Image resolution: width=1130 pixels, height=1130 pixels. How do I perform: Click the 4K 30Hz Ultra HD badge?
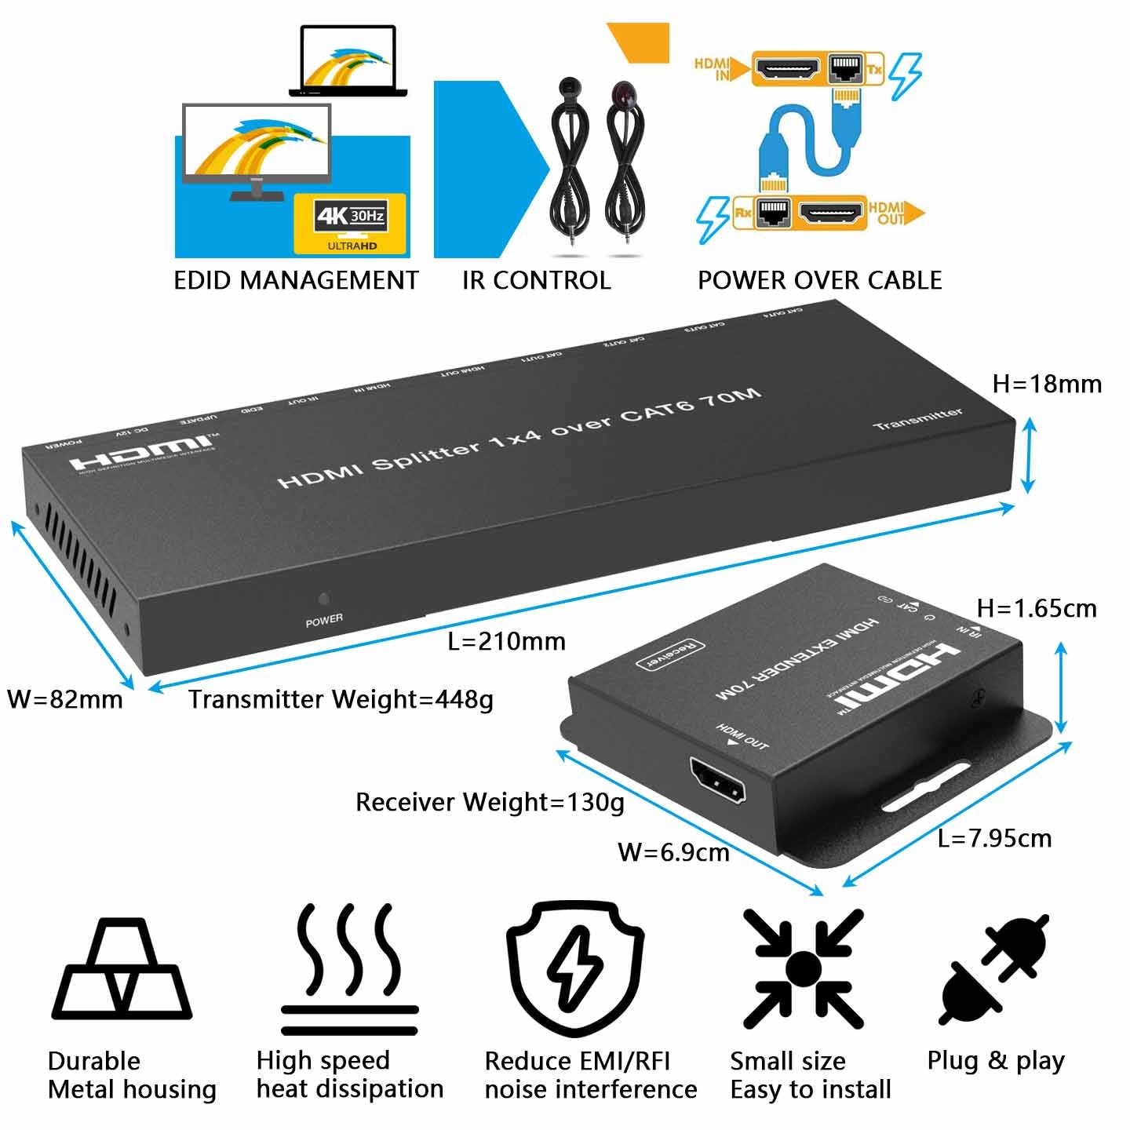(350, 224)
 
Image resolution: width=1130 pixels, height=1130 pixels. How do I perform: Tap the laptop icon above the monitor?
(348, 61)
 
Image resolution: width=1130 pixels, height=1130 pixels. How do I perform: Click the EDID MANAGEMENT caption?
(296, 280)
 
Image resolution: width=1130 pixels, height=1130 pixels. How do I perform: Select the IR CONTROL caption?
(536, 280)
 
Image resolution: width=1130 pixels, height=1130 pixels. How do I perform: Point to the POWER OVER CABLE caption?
(819, 280)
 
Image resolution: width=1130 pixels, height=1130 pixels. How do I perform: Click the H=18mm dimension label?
(1047, 384)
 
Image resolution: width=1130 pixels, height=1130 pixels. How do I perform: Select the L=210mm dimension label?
(506, 641)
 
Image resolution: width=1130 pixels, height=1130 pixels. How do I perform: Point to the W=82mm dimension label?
(65, 699)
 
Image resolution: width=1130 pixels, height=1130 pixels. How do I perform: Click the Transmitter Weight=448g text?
(341, 699)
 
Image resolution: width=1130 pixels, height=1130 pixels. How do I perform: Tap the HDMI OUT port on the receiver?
(717, 780)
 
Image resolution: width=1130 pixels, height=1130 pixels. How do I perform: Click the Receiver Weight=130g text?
(490, 802)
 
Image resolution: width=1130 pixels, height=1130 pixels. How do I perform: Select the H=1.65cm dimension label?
(1036, 608)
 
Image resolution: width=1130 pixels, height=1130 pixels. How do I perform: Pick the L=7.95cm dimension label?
(994, 838)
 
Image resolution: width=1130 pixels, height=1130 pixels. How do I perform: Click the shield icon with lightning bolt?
(575, 967)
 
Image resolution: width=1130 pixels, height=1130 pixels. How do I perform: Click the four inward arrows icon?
(803, 968)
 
